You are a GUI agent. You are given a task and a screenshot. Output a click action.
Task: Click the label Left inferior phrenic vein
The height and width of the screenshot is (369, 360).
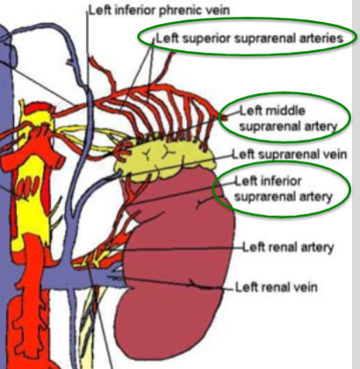149,11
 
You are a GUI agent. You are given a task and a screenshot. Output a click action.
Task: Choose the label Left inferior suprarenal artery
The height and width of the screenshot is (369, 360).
284,189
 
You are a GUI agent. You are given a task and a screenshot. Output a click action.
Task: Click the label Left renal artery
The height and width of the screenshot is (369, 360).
287,248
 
